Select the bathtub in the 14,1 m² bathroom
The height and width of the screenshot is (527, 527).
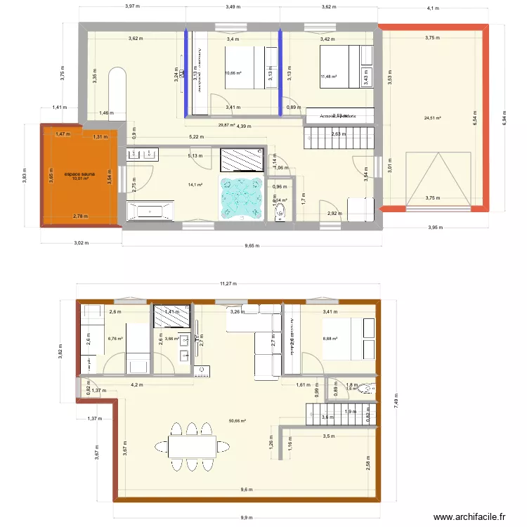[150, 211]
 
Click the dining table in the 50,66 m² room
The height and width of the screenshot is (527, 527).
[190, 445]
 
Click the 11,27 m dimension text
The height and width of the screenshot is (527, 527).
[227, 285]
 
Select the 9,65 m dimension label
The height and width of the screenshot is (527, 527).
[252, 246]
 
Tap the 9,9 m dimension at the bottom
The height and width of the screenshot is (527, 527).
[245, 518]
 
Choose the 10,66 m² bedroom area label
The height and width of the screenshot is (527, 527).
[233, 73]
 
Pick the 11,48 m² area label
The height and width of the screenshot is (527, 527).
[328, 77]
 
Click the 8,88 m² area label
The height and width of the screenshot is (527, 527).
[330, 339]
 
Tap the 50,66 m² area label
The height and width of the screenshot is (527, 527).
[237, 422]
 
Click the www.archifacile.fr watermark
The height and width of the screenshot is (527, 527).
[469, 516]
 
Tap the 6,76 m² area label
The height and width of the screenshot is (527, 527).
[115, 339]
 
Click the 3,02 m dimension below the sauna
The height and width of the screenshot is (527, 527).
[82, 243]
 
